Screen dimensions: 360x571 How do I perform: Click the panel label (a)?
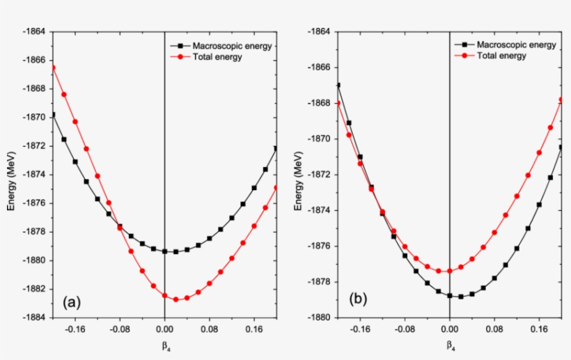(x=72, y=302)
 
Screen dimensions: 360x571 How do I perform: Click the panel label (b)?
(x=359, y=299)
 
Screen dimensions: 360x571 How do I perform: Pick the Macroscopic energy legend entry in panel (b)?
(x=516, y=45)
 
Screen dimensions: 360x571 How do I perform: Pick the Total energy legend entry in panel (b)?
(x=502, y=56)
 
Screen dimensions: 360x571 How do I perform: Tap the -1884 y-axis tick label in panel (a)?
(x=33, y=318)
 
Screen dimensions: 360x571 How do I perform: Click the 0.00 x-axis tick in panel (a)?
(x=164, y=331)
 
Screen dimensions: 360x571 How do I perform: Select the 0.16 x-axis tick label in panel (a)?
(x=253, y=331)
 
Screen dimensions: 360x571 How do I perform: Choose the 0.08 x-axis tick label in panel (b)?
(x=494, y=331)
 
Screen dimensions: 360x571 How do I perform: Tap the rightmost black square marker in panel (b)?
(x=561, y=147)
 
